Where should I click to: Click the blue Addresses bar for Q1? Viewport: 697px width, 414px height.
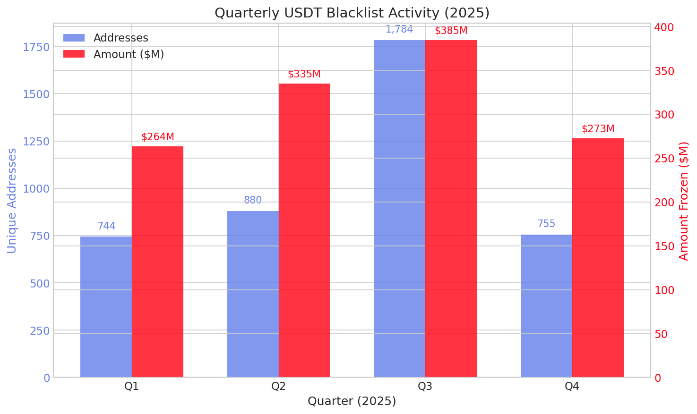coord(106,307)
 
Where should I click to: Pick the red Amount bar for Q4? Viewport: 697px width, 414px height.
coord(598,258)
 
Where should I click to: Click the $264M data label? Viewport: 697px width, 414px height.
coord(158,137)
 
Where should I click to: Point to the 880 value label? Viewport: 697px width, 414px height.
coord(253,200)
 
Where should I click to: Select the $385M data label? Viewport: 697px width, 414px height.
coord(451,31)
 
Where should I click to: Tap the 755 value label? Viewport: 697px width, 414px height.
coord(546,224)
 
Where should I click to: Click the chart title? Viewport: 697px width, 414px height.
coord(352,13)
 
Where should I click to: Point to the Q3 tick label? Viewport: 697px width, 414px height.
coord(425,387)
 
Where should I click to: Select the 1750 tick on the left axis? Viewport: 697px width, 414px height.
coord(36,47)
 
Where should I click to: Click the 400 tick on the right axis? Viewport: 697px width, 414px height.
coord(664,27)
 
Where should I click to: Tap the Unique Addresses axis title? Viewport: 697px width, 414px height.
coord(12,201)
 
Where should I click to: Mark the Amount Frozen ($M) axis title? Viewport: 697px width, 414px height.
coord(684,201)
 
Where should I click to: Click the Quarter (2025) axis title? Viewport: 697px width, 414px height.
coord(352,401)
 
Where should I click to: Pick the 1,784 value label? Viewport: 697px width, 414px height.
coord(399,29)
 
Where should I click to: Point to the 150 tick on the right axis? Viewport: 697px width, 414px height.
coord(664,246)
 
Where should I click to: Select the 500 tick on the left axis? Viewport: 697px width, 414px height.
coord(40,283)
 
